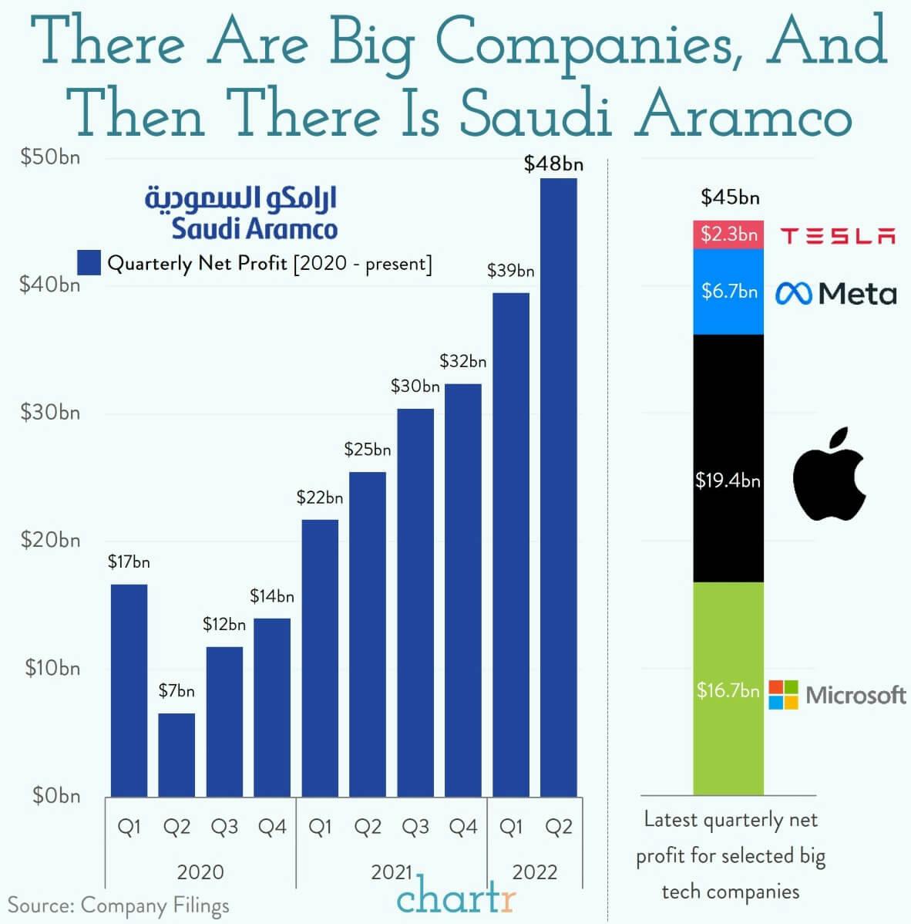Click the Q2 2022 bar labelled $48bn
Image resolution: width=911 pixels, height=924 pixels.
pyautogui.click(x=558, y=486)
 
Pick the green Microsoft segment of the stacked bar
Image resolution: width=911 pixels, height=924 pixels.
pyautogui.click(x=728, y=688)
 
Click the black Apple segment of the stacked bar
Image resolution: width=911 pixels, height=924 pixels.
pyautogui.click(x=728, y=458)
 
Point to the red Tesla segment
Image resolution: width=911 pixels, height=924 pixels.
pyautogui.click(x=728, y=234)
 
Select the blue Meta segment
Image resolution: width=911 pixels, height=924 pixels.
pyautogui.click(x=728, y=292)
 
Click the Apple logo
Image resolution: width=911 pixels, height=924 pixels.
pyautogui.click(x=829, y=473)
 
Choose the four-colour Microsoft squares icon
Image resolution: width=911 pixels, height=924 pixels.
pyautogui.click(x=784, y=694)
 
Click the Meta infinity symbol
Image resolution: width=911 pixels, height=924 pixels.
pyautogui.click(x=793, y=293)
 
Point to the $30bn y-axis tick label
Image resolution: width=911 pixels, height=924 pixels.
pyautogui.click(x=50, y=413)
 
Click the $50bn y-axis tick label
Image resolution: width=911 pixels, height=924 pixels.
pyautogui.click(x=50, y=158)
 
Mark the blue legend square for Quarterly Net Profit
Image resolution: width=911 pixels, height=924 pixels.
pyautogui.click(x=89, y=263)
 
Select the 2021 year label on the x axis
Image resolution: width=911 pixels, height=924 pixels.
pyautogui.click(x=392, y=872)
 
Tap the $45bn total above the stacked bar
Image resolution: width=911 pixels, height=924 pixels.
pyautogui.click(x=730, y=197)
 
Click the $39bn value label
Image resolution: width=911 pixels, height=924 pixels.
pyautogui.click(x=510, y=271)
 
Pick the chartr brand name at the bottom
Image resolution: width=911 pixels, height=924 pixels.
pyautogui.click(x=456, y=899)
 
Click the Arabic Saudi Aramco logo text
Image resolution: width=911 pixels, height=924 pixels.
pyautogui.click(x=241, y=198)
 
